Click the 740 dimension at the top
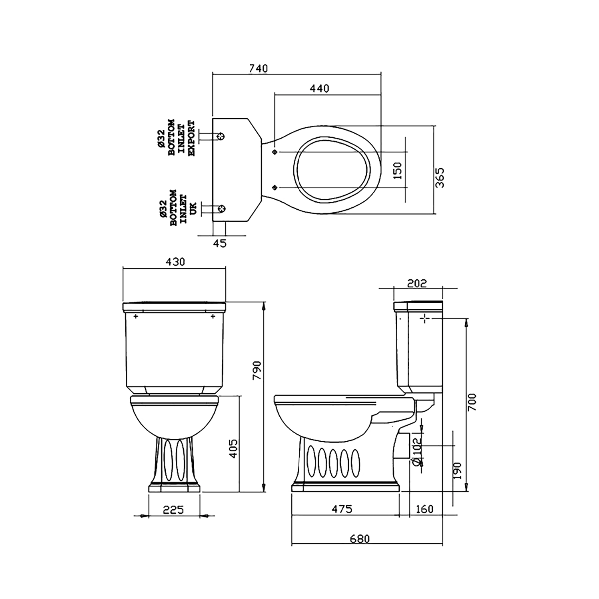point(259,68)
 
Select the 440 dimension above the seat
point(319,88)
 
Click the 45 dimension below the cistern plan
point(220,243)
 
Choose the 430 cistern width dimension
point(175,261)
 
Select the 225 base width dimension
point(174,510)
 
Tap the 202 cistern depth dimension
point(417,283)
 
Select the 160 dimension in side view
point(424,509)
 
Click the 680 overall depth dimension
point(359,539)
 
